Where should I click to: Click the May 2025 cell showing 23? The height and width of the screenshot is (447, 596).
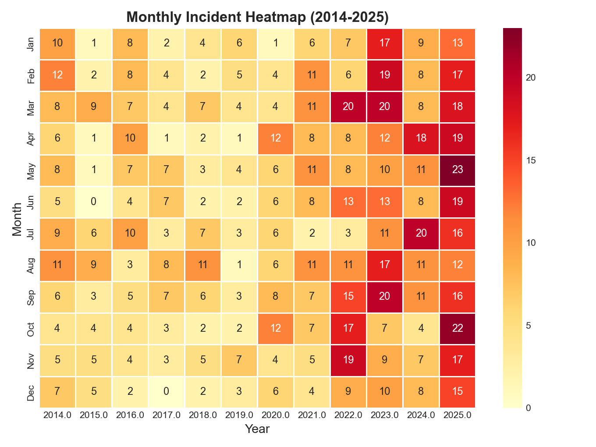457,170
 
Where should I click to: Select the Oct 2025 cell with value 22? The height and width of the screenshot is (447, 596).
457,329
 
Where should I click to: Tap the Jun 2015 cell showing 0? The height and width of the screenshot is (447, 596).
94,202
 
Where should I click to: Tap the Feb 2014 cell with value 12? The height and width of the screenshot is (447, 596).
57,75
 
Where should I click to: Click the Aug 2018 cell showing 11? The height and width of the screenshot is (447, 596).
203,266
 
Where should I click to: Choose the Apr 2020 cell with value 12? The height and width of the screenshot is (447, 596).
276,139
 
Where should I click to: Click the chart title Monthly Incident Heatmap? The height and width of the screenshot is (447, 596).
257,17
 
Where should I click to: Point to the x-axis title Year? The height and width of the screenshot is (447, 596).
257,429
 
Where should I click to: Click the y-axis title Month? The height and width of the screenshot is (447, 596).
17,218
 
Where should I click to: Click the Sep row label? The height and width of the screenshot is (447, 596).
31,297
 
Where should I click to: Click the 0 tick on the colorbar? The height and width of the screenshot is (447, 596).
529,408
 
